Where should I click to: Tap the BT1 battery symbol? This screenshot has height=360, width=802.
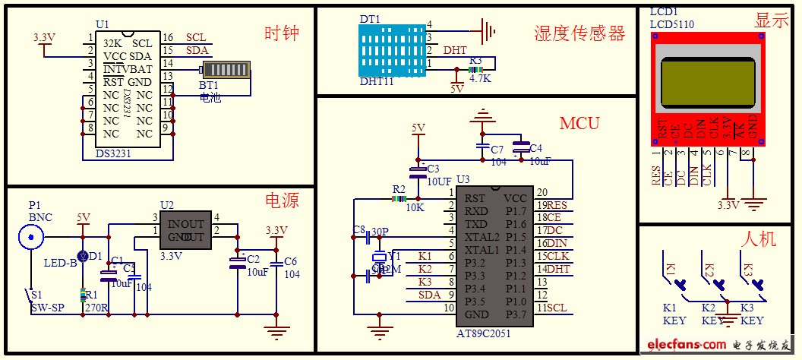click(x=226, y=70)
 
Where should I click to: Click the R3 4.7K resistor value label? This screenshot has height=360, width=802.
click(x=480, y=77)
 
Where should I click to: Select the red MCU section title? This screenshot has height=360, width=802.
click(x=579, y=123)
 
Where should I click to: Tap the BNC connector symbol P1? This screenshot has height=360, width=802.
click(x=31, y=238)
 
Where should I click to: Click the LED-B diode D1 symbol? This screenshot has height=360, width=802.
click(x=83, y=256)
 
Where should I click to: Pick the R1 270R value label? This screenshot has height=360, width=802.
click(x=96, y=308)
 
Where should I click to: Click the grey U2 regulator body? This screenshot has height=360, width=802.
click(x=185, y=230)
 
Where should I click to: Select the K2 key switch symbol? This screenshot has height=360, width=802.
click(x=714, y=279)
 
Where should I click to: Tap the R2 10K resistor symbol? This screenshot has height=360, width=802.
click(x=399, y=199)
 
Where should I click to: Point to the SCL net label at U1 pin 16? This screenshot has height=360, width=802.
click(x=195, y=37)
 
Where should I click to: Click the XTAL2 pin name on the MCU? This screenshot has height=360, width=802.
click(x=482, y=237)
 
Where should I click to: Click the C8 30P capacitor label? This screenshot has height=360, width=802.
click(x=371, y=230)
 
